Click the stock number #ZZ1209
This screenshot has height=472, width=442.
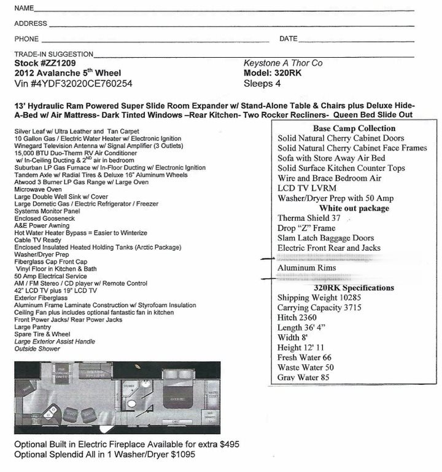coord(58,63)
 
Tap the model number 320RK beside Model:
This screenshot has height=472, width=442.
coord(292,73)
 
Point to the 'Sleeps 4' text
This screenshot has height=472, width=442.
coord(262,84)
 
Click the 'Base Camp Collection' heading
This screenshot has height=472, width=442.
coord(354,128)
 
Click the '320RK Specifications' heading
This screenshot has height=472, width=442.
coord(354,288)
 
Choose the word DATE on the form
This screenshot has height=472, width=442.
coord(288,39)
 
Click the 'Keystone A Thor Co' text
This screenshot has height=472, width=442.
coord(282,63)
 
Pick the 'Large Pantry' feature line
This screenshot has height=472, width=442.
coord(33,328)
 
